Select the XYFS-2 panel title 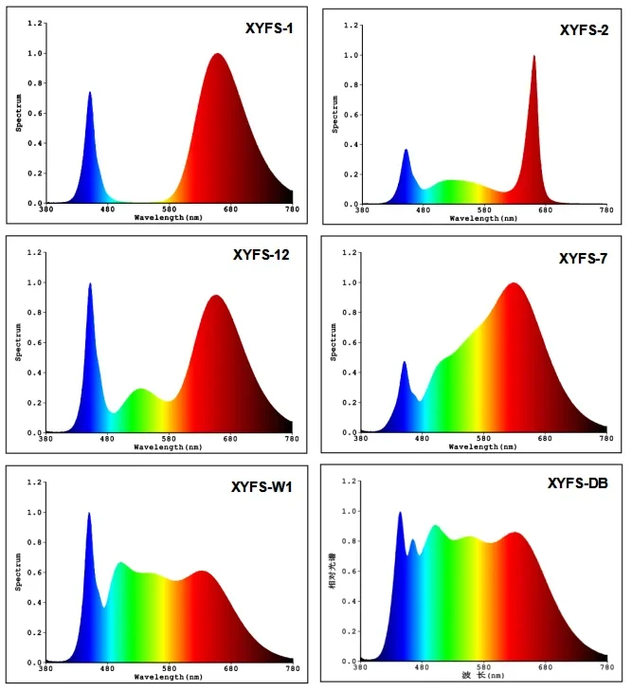click(x=583, y=31)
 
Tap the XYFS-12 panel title click(x=262, y=254)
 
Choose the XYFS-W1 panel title click(x=262, y=487)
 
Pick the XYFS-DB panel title click(x=578, y=484)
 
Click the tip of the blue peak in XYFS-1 click(x=90, y=93)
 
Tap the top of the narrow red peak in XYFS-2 click(x=533, y=56)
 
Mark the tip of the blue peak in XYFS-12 click(x=90, y=283)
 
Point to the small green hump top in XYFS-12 click(x=140, y=389)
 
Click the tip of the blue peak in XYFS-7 click(x=405, y=362)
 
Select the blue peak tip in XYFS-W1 click(x=89, y=514)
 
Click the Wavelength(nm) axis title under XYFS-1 click(x=168, y=217)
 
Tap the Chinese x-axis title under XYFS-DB click(x=483, y=675)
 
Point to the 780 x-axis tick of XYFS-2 click(x=606, y=210)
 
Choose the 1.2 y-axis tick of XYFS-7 click(x=348, y=253)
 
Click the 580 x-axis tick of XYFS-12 click(x=169, y=440)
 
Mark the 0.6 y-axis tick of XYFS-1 click(x=35, y=114)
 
